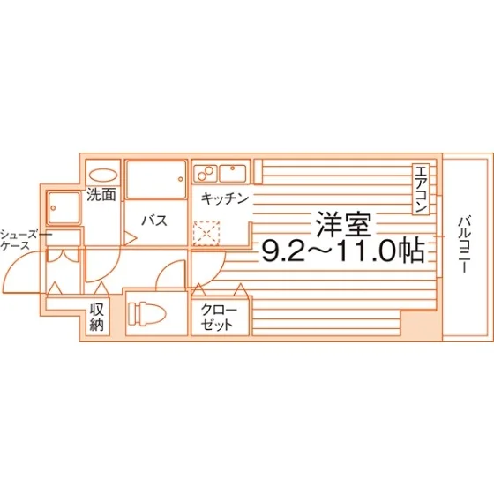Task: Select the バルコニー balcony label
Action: click(x=464, y=244)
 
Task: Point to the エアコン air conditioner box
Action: click(x=421, y=189)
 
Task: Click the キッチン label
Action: click(x=225, y=198)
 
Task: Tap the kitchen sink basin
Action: click(x=233, y=173)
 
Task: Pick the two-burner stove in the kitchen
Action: click(x=206, y=173)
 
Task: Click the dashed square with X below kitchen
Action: click(x=206, y=233)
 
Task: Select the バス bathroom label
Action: click(x=154, y=221)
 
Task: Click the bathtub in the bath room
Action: click(x=156, y=179)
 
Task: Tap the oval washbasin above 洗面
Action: click(x=103, y=176)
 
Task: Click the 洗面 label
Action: click(x=101, y=195)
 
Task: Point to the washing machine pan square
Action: click(x=64, y=208)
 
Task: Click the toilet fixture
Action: click(x=147, y=313)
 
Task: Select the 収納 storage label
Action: click(x=97, y=317)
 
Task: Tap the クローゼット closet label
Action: click(x=219, y=318)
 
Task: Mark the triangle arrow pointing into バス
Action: click(x=131, y=238)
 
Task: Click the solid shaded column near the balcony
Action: click(x=422, y=326)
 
